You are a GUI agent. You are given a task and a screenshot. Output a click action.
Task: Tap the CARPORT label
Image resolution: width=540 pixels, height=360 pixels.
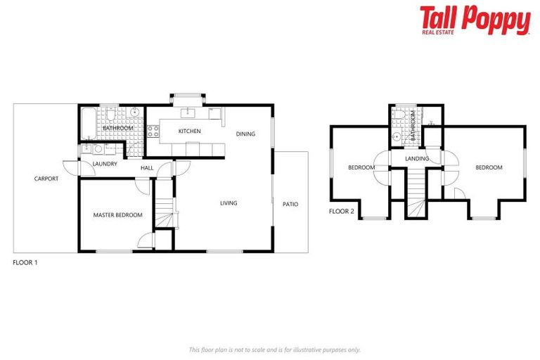pos(46,179)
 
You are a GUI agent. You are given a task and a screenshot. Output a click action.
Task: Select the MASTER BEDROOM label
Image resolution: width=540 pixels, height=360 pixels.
pos(118,215)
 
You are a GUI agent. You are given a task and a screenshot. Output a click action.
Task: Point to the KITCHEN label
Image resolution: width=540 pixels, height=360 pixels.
pos(189,131)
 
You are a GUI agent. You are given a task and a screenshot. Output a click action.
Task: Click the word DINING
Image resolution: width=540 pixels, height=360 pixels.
pos(245,134)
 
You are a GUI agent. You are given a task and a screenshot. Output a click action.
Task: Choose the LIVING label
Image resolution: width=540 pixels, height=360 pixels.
pos(229,203)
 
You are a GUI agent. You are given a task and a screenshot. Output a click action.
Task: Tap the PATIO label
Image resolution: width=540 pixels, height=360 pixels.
pos(290,204)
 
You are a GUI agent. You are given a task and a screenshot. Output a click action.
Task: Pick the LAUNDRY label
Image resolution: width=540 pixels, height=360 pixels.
pos(105,164)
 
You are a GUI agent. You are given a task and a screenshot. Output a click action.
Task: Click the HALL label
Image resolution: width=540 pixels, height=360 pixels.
pos(147,168)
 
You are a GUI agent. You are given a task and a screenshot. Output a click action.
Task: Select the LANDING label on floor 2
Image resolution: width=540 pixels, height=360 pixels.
pos(417,159)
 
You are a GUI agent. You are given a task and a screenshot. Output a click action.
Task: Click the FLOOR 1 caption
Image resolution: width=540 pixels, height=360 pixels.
pos(25,262)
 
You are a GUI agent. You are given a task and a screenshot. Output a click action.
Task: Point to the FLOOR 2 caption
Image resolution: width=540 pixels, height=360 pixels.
pos(342,211)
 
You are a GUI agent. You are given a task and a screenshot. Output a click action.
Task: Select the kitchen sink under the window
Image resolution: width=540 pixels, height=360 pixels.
pos(188,112)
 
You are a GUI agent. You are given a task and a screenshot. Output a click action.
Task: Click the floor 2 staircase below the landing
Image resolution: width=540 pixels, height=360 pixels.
pos(416,193)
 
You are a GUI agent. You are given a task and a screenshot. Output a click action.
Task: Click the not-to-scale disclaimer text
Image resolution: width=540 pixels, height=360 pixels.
pos(274,349)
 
